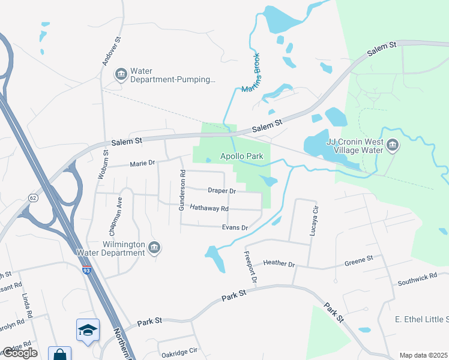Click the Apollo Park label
coord(242,156)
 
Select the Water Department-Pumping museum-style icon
coord(121,74)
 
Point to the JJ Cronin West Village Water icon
coord(393,145)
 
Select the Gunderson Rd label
coord(182,190)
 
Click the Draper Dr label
coord(221,191)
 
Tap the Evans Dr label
coord(235,228)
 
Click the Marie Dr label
coord(142,163)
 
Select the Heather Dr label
coord(279,263)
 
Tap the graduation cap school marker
coord(88,330)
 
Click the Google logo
coord(20,353)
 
